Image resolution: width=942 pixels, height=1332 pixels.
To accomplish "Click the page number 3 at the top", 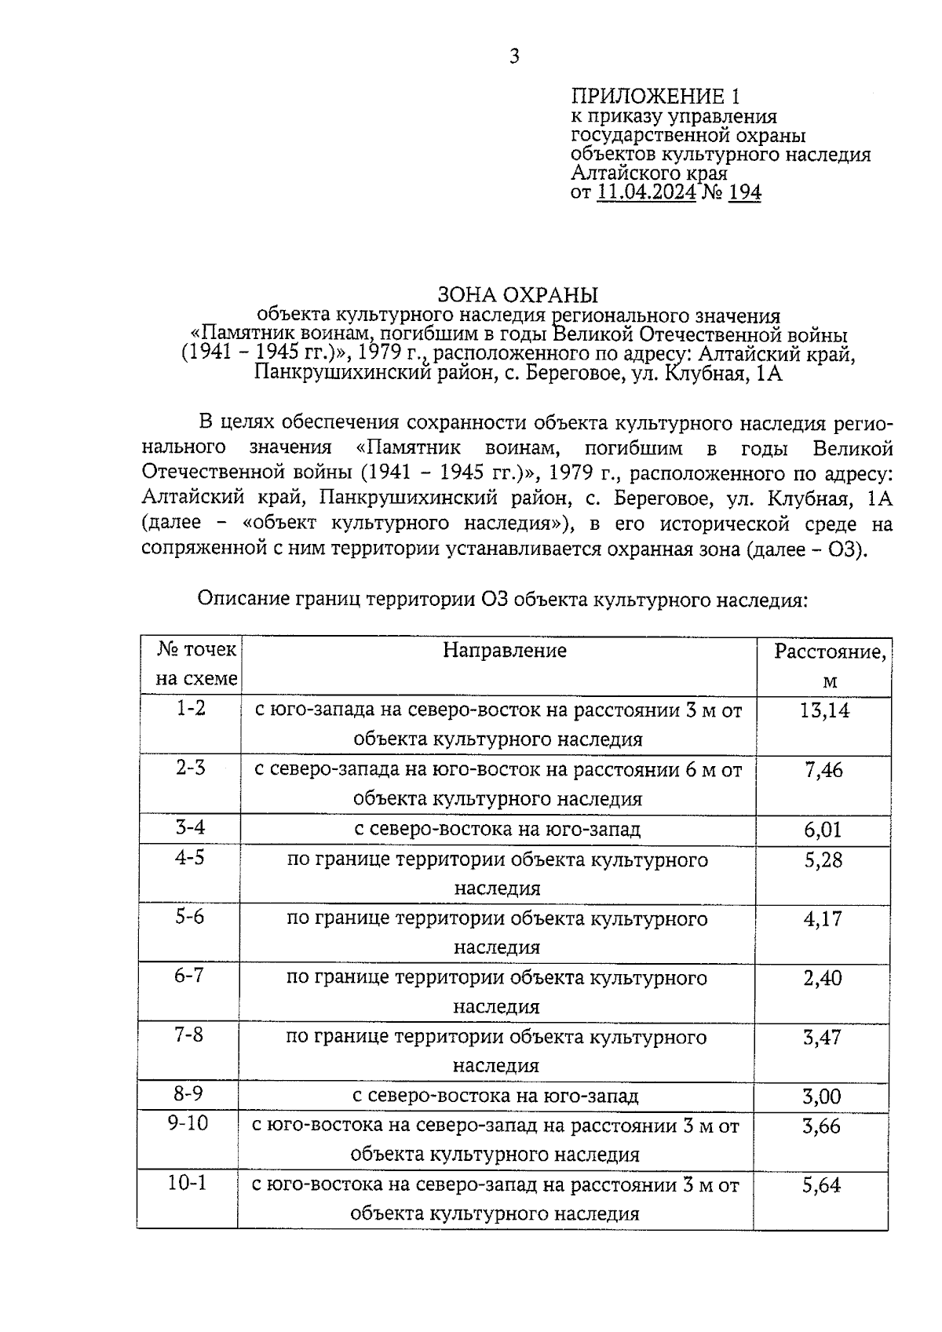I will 514,57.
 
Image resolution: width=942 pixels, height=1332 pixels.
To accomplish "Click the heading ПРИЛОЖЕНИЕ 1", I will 655,97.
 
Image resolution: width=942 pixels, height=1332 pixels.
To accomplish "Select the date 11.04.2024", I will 646,192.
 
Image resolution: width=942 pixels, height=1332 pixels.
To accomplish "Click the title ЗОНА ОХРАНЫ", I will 517,295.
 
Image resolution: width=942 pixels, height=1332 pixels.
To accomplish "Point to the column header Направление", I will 504,650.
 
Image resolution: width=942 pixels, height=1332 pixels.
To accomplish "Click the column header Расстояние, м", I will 830,665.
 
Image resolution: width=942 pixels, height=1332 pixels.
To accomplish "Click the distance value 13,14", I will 824,710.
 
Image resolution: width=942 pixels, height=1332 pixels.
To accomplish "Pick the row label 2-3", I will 191,768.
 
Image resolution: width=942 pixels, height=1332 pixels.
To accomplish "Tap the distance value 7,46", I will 824,770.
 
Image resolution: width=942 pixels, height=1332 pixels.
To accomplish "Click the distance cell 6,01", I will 823,830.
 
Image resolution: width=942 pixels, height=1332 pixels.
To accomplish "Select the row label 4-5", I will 190,857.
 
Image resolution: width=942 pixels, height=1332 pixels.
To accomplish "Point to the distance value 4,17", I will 823,918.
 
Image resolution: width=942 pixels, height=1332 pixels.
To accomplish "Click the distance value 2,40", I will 823,978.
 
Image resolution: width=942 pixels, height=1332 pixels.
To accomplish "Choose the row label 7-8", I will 189,1035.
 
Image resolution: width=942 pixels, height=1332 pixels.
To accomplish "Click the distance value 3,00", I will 822,1097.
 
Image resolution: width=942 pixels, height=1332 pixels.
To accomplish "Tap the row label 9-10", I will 188,1123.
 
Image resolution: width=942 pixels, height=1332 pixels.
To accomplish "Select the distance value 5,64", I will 821,1185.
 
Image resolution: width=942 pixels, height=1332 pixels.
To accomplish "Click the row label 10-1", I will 187,1183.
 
